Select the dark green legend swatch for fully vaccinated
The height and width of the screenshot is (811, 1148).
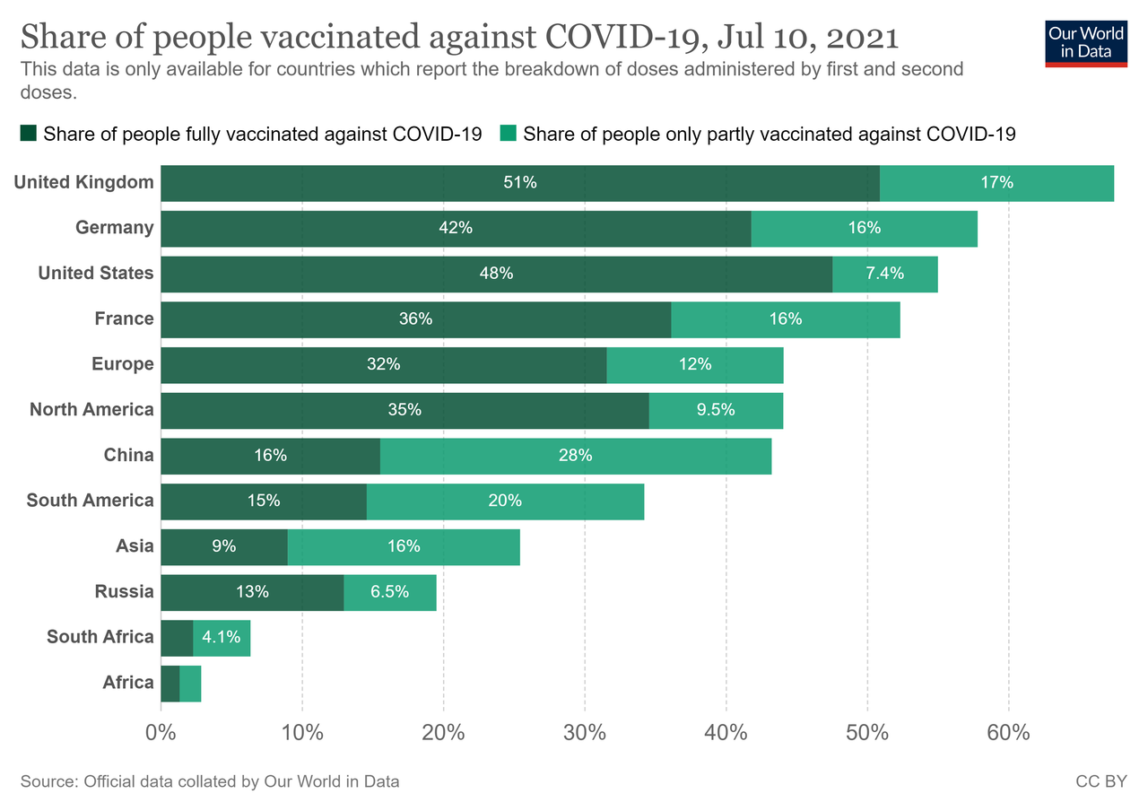click(x=28, y=135)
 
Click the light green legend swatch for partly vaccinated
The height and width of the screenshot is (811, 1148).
click(x=508, y=135)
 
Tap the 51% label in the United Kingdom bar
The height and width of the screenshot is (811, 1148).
click(x=520, y=183)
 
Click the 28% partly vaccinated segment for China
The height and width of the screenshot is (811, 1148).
click(x=575, y=456)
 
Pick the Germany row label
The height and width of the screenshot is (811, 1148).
click(x=114, y=228)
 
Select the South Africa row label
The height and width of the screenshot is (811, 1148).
click(x=100, y=637)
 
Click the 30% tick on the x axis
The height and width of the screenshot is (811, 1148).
click(x=585, y=732)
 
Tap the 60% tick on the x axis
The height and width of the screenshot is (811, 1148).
click(x=1008, y=732)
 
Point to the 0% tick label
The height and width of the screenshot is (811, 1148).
click(x=161, y=732)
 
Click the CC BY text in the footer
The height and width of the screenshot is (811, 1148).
click(x=1100, y=781)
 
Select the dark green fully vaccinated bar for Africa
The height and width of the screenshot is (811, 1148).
click(x=170, y=684)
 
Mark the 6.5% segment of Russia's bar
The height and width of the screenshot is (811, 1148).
click(x=390, y=592)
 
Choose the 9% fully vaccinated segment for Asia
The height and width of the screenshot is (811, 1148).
click(x=224, y=546)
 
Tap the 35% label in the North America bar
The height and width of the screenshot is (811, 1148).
click(x=404, y=410)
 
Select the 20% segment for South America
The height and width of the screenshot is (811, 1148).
click(x=505, y=501)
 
